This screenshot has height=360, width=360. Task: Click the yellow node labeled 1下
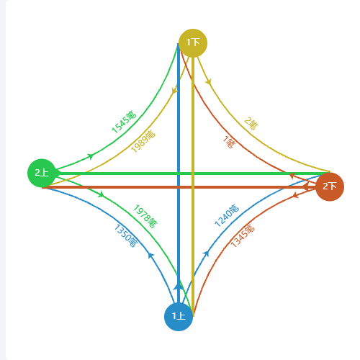[x=193, y=43]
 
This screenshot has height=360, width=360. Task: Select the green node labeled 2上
[x=42, y=173]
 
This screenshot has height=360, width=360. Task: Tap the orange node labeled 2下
[x=330, y=186]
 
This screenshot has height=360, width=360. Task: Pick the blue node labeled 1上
[x=179, y=317]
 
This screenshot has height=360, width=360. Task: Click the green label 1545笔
[x=124, y=122]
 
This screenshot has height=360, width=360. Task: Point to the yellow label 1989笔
[x=143, y=142]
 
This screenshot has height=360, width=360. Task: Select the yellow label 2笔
[x=251, y=123]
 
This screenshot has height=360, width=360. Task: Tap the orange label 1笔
[x=229, y=142]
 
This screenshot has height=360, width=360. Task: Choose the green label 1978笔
[x=145, y=216]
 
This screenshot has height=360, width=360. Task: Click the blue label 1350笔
[x=126, y=235]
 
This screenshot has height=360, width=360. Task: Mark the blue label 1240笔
[x=227, y=216]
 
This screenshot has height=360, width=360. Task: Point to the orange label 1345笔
[x=243, y=235]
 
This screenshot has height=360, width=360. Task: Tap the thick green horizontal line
[x=193, y=174]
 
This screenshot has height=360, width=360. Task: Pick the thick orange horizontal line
[x=179, y=187]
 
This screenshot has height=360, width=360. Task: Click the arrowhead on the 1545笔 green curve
[x=91, y=156]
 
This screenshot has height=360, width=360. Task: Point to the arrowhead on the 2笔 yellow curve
[x=208, y=82]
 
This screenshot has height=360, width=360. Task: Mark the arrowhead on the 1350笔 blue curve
[x=150, y=255]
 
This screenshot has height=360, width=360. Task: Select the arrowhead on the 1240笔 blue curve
[x=206, y=253]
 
